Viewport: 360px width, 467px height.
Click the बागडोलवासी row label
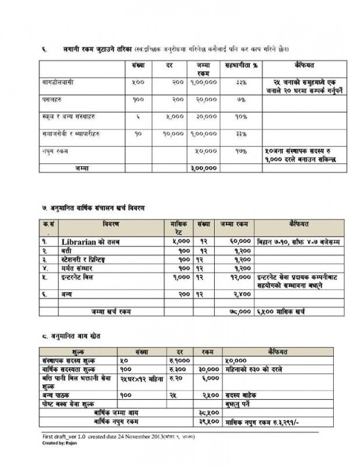point(58,82)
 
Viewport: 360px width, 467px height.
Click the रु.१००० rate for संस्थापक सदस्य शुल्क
point(178,361)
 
